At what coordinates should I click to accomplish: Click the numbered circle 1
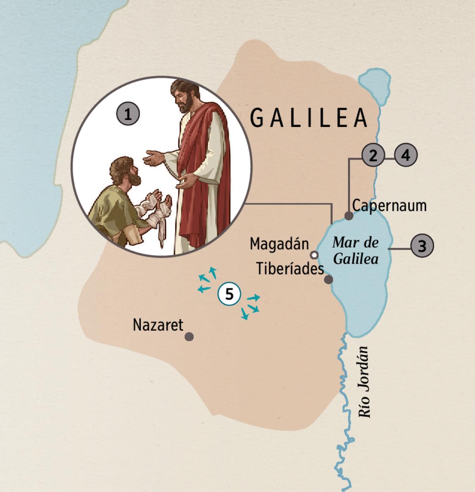coord(127,115)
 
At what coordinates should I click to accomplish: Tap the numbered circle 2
coord(372,156)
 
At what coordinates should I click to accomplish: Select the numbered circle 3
coord(422,246)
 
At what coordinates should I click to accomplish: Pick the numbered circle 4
coord(406,156)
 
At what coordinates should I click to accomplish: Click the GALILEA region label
coord(309,118)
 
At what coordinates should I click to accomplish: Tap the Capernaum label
coord(389,206)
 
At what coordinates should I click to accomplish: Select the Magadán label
coord(279,244)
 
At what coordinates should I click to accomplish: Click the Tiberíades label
coord(290,269)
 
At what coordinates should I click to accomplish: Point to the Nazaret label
coord(158,325)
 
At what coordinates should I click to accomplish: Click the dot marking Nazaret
coord(189,337)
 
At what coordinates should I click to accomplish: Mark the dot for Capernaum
coord(349,216)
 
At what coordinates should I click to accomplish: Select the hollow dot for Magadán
coord(314,254)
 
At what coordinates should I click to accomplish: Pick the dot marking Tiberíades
coord(328,280)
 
